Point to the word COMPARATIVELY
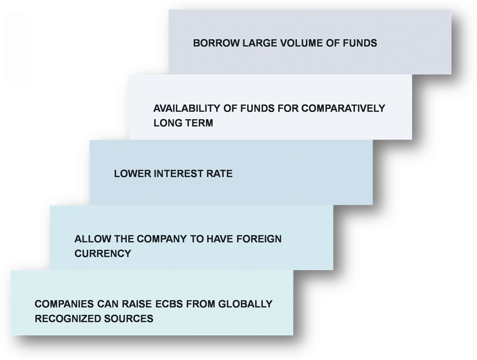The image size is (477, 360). (x=343, y=108)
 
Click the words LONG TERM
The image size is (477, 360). (x=183, y=123)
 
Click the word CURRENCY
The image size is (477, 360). (x=102, y=253)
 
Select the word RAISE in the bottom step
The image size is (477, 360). (x=138, y=304)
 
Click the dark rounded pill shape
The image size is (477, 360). (x=17, y=49)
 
